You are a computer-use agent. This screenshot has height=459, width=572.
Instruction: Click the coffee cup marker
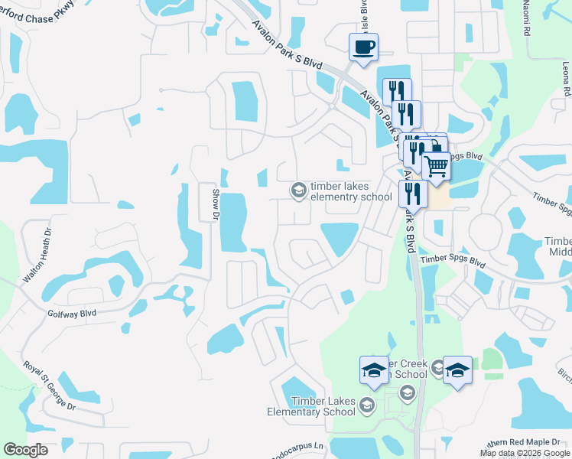[x=363, y=47]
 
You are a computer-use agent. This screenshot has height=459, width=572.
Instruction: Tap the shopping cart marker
[x=436, y=165]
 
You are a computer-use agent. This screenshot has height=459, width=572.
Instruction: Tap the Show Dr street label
[x=216, y=204]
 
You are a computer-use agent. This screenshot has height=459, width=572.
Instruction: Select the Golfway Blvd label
[x=73, y=313]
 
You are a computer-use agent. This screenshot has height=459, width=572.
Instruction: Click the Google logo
[x=25, y=450]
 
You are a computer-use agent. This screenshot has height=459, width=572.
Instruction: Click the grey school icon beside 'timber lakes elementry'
[x=297, y=190]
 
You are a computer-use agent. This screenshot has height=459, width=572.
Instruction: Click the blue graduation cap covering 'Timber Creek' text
[x=374, y=369]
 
